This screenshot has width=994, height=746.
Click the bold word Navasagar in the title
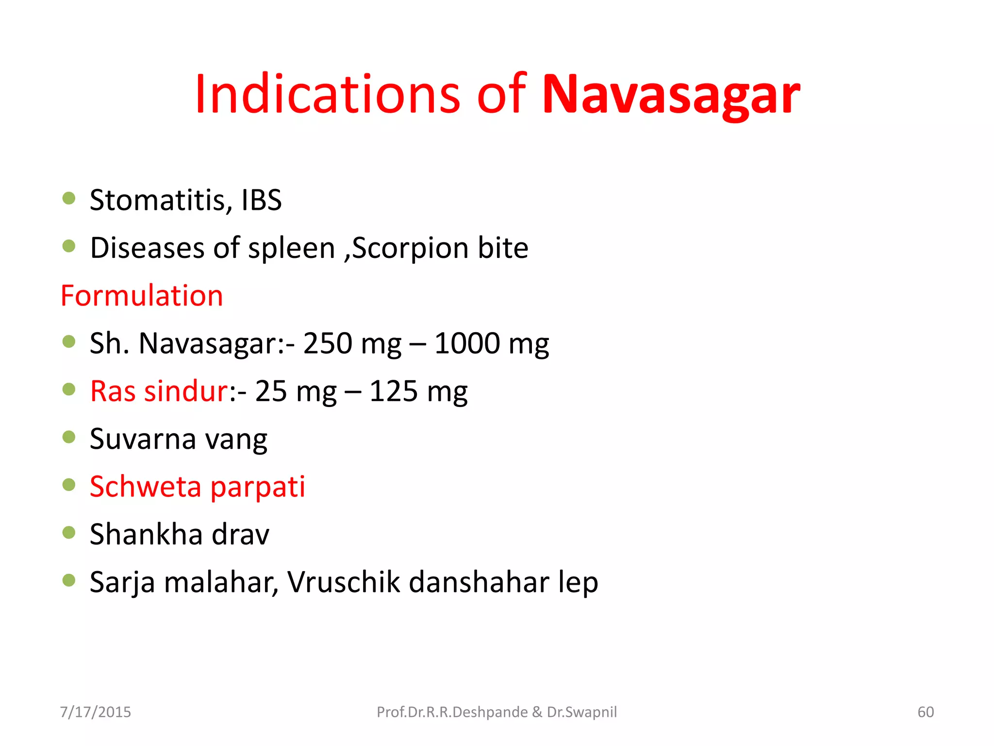[x=670, y=95]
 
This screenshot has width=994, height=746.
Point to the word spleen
[x=291, y=248]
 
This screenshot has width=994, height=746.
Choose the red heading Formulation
[x=142, y=296]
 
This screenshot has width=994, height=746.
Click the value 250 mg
[x=352, y=343]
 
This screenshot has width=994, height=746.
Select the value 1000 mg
[x=491, y=343]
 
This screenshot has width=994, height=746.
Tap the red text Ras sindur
[x=159, y=391]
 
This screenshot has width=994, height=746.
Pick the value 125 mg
[x=418, y=391]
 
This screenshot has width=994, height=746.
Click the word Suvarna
[x=143, y=439]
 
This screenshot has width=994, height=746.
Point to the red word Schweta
[x=145, y=487]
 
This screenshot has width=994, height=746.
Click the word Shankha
[x=146, y=534]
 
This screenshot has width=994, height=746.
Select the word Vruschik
[x=343, y=582]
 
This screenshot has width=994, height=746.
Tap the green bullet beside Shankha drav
[x=69, y=533]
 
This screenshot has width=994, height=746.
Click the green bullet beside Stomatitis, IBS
[x=69, y=198]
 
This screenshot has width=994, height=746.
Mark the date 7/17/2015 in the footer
[x=95, y=712]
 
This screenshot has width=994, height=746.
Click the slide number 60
[x=926, y=712]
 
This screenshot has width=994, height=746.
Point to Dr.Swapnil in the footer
[x=581, y=712]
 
